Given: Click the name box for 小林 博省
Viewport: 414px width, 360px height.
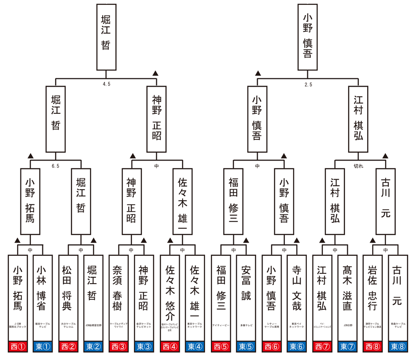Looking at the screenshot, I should pos(43,297).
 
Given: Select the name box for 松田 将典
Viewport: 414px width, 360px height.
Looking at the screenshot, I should pos(68,297).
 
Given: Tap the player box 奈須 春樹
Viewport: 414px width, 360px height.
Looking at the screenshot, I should pos(119,297).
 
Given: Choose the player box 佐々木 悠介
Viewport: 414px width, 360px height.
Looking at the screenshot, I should pos(170,297).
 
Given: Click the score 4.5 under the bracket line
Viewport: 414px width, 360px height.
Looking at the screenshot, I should pos(107,84).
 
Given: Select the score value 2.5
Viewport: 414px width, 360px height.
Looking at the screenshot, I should pos(308,84).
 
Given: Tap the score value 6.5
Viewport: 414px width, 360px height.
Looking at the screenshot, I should pos(56,166).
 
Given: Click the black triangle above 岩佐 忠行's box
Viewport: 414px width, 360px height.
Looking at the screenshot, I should pos(373,240).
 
